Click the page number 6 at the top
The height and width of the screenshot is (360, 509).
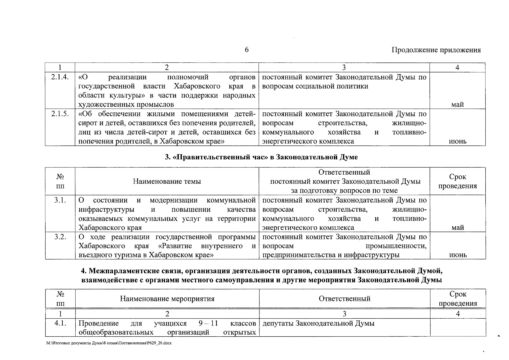click(x=247, y=50)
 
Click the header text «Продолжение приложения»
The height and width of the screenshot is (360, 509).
click(x=436, y=50)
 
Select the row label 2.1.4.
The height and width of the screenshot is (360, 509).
click(x=60, y=77)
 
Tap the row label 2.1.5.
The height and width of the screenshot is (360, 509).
click(x=60, y=114)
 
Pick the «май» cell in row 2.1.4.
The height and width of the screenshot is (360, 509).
click(x=457, y=104)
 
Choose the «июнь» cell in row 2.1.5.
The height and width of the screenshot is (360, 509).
click(x=457, y=141)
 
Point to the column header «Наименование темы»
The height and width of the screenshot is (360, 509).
click(x=167, y=181)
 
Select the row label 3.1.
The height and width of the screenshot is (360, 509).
click(x=60, y=200)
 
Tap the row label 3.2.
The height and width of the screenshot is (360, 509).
click(x=60, y=237)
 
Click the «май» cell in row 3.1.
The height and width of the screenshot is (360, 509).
click(x=457, y=228)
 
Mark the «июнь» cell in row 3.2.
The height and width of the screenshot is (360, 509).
click(x=457, y=255)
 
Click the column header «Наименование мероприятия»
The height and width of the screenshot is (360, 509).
click(x=167, y=299)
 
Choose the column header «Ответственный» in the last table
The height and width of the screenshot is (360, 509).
click(x=344, y=299)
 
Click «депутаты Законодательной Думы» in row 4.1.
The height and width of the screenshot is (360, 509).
click(x=318, y=324)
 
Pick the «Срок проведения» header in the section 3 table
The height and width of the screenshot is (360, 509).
click(x=457, y=181)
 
